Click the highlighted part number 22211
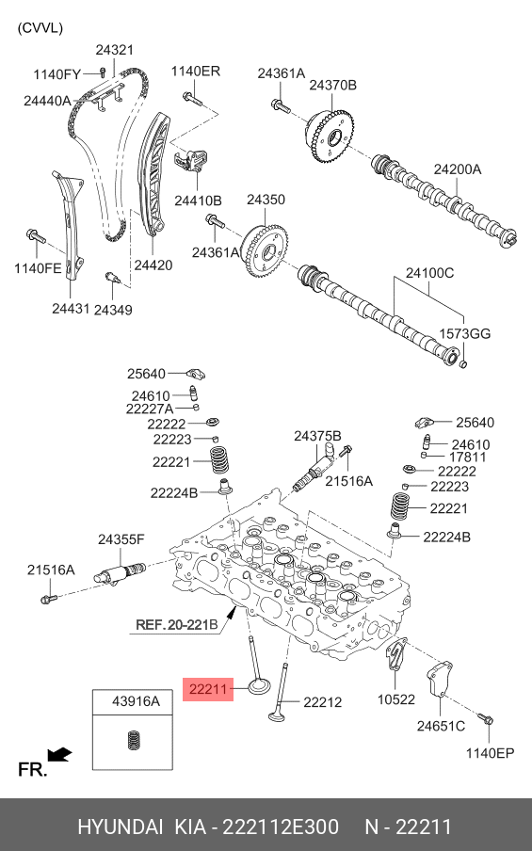[x=207, y=689]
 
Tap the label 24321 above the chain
[x=115, y=50]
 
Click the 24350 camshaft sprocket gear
[x=265, y=250]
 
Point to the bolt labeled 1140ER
[x=192, y=99]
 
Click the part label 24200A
[x=457, y=169]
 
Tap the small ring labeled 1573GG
[x=463, y=362]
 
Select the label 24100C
[x=428, y=272]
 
